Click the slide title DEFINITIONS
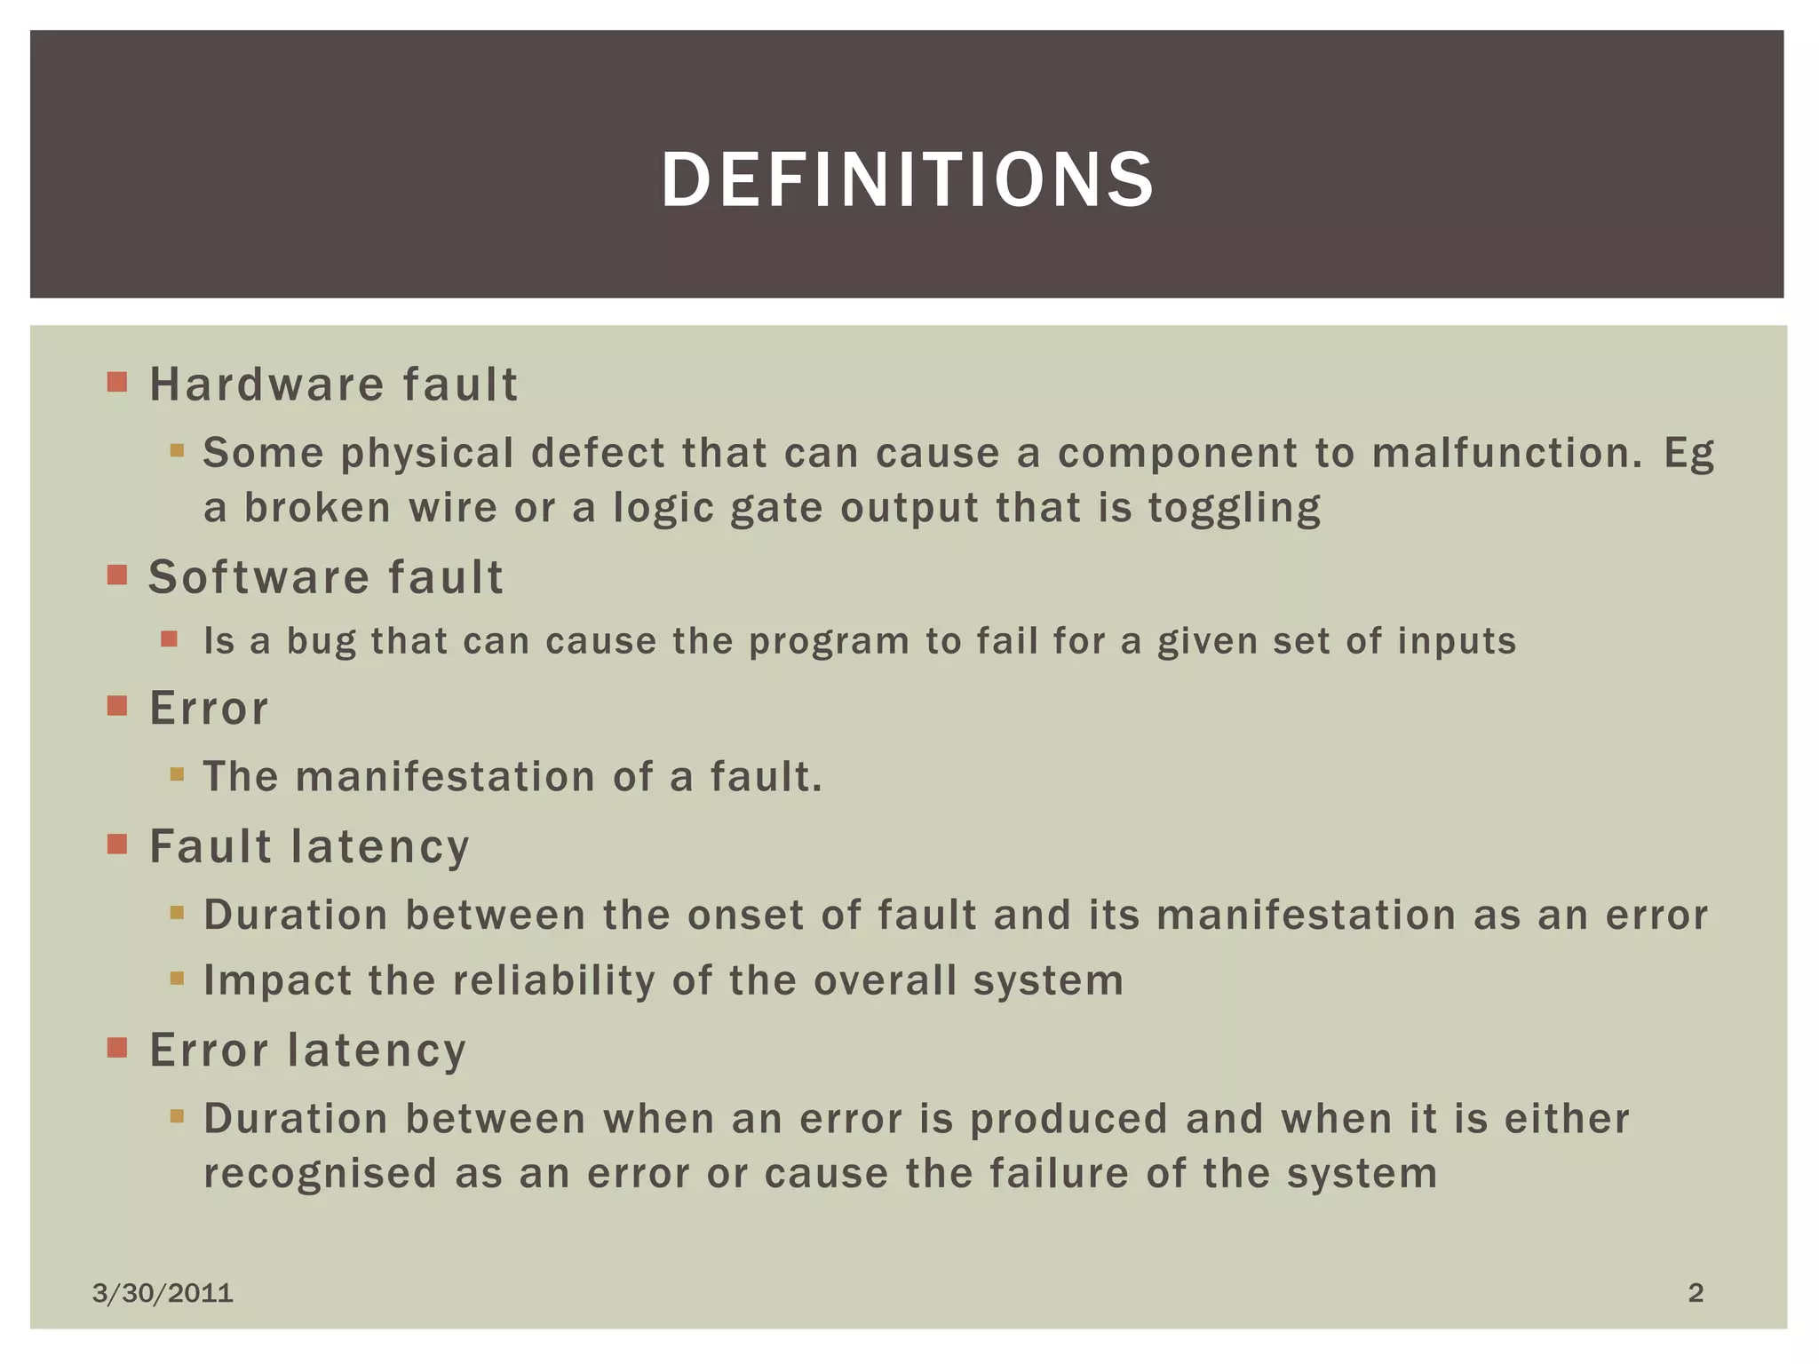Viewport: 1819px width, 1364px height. pos(908,180)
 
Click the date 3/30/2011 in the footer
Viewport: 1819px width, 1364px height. pos(163,1293)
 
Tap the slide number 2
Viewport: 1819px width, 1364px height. pos(1696,1293)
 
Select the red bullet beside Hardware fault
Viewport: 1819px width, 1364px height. pos(117,383)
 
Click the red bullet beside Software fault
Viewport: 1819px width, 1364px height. pos(117,575)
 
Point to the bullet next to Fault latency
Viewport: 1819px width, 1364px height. pos(117,844)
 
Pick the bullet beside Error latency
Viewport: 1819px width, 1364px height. pos(117,1049)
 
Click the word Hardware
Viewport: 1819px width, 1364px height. pos(267,385)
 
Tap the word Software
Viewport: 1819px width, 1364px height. pos(258,577)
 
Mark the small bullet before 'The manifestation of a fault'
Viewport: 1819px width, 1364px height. pos(177,774)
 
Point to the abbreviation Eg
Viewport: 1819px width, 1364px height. pos(1688,455)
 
